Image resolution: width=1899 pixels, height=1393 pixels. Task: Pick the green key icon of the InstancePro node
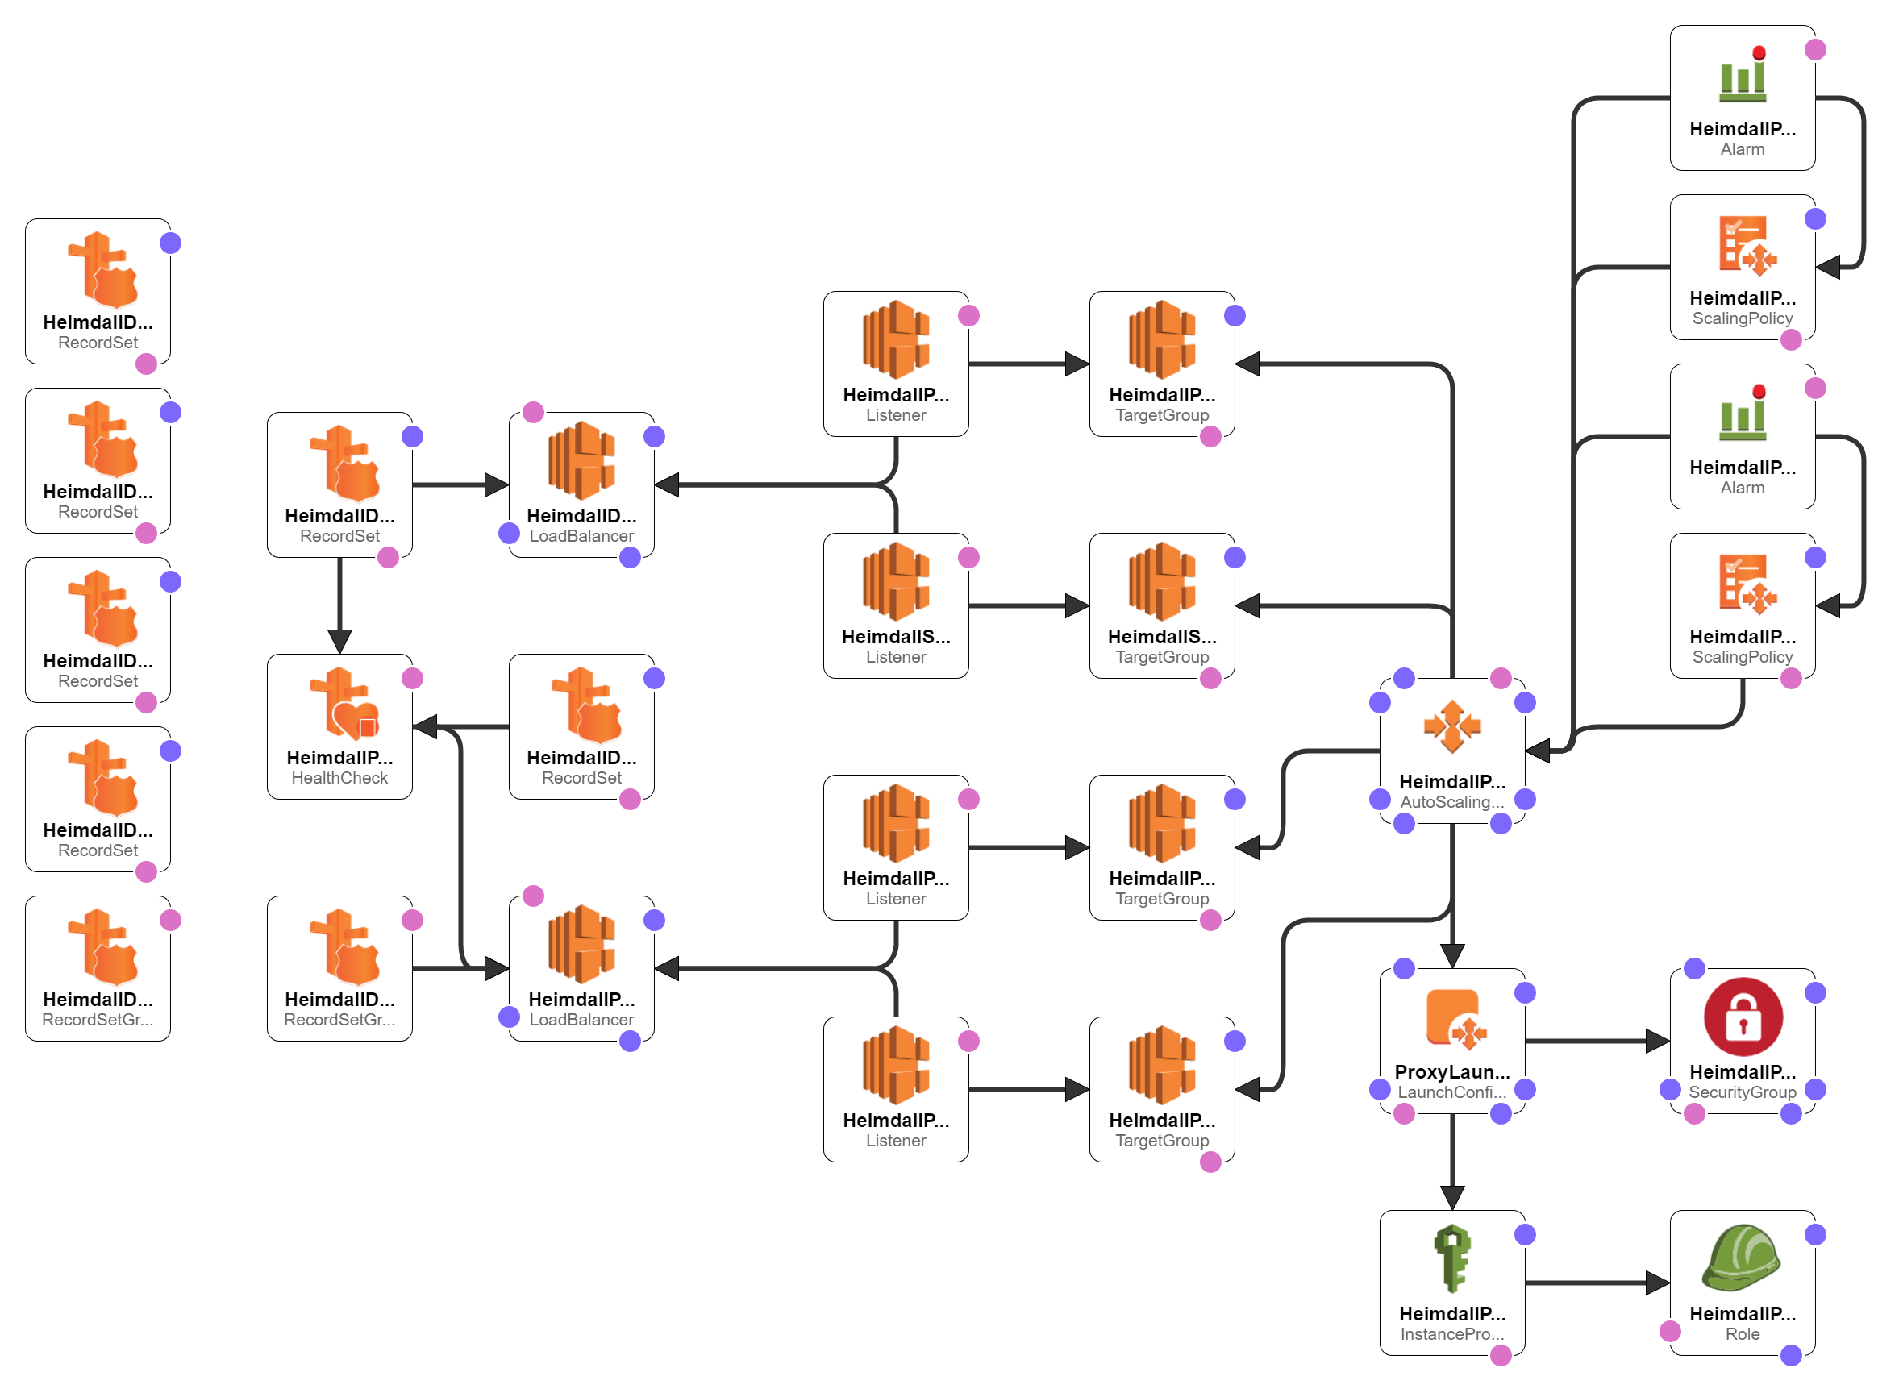1452,1258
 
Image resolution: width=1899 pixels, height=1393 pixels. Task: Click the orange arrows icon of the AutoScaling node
1452,726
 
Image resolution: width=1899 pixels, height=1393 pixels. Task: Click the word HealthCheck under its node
339,778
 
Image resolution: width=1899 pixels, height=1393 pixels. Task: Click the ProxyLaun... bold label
1452,1073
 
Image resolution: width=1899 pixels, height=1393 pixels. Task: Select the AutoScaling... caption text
1452,803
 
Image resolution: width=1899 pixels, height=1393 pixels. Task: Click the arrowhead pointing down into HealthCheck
339,642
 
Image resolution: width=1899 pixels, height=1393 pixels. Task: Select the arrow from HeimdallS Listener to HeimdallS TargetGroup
1029,605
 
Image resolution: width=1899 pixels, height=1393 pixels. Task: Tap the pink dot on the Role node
1670,1332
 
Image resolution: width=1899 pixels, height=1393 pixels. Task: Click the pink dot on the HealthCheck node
412,679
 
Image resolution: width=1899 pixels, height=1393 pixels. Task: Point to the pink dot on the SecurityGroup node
1694,1115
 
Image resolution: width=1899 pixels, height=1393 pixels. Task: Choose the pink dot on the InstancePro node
1501,1356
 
